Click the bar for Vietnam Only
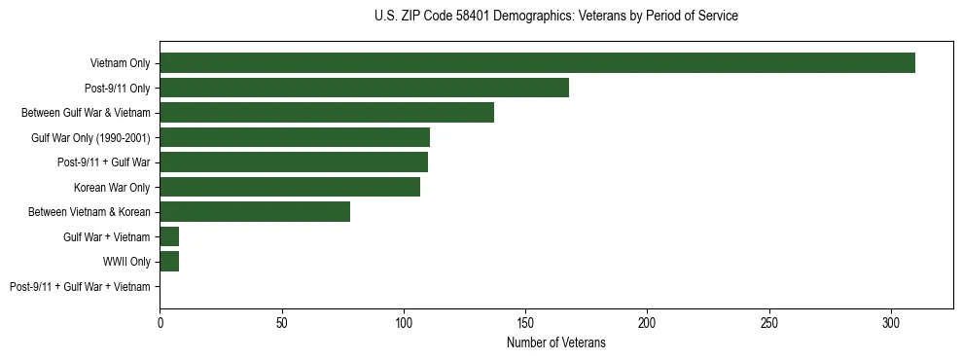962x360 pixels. [x=537, y=63]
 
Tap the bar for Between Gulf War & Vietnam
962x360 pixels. [x=327, y=113]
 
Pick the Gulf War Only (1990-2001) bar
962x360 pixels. [x=295, y=137]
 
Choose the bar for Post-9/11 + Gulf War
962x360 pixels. [x=294, y=162]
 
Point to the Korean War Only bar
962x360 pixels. [x=290, y=187]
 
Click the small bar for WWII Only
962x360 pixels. [x=169, y=262]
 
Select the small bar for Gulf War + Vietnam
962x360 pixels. [x=169, y=236]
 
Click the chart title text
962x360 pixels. [x=555, y=17]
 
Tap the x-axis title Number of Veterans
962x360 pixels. [x=555, y=342]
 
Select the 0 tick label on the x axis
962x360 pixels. [x=160, y=321]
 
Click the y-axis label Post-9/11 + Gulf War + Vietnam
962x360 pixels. [x=80, y=287]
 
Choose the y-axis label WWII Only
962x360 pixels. [x=126, y=262]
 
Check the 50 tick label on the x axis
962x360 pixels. [x=281, y=321]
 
